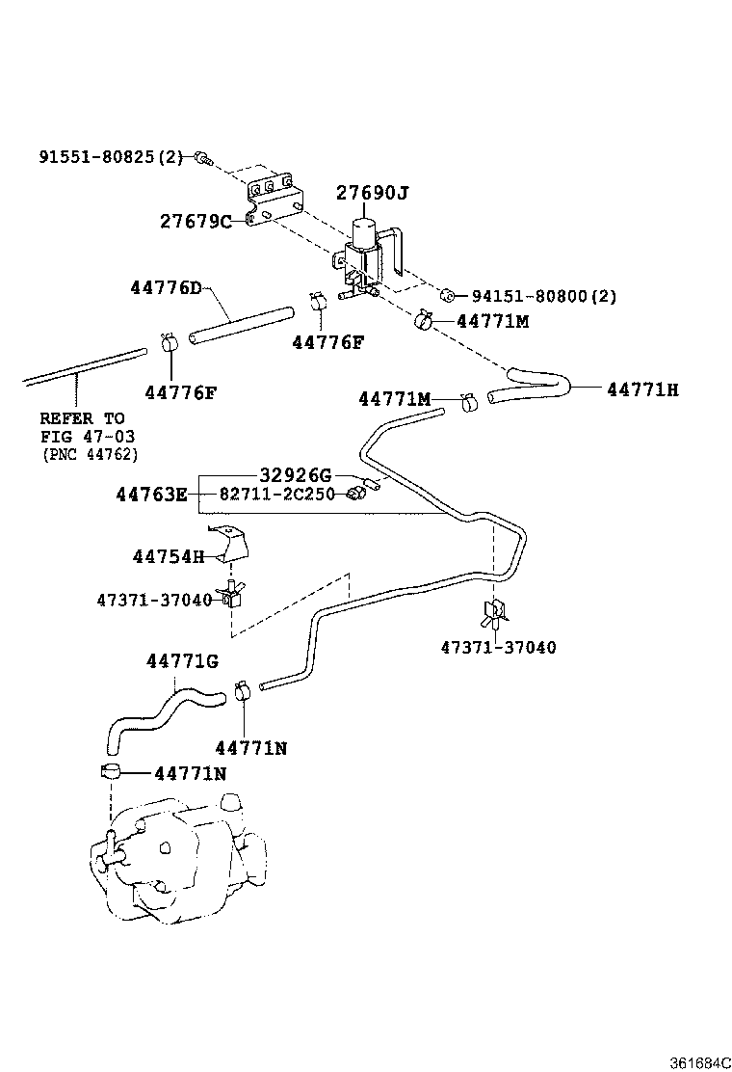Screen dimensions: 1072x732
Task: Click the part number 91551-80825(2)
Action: pos(111,156)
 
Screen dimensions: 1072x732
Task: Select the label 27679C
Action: pos(196,222)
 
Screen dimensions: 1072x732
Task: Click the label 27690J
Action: pos(372,194)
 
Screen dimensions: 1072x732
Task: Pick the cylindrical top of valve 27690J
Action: pos(363,231)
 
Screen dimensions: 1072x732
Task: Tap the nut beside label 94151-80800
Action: pos(448,295)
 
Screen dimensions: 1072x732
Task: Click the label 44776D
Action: pos(166,288)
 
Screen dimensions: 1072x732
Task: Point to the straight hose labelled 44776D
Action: pos(242,324)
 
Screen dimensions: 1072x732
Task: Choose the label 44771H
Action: pos(642,389)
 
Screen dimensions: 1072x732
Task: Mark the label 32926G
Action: pos(295,474)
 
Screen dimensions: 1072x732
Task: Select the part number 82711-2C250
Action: pos(276,494)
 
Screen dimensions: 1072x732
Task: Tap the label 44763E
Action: pos(151,495)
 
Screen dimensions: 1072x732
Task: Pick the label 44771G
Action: pos(182,661)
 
